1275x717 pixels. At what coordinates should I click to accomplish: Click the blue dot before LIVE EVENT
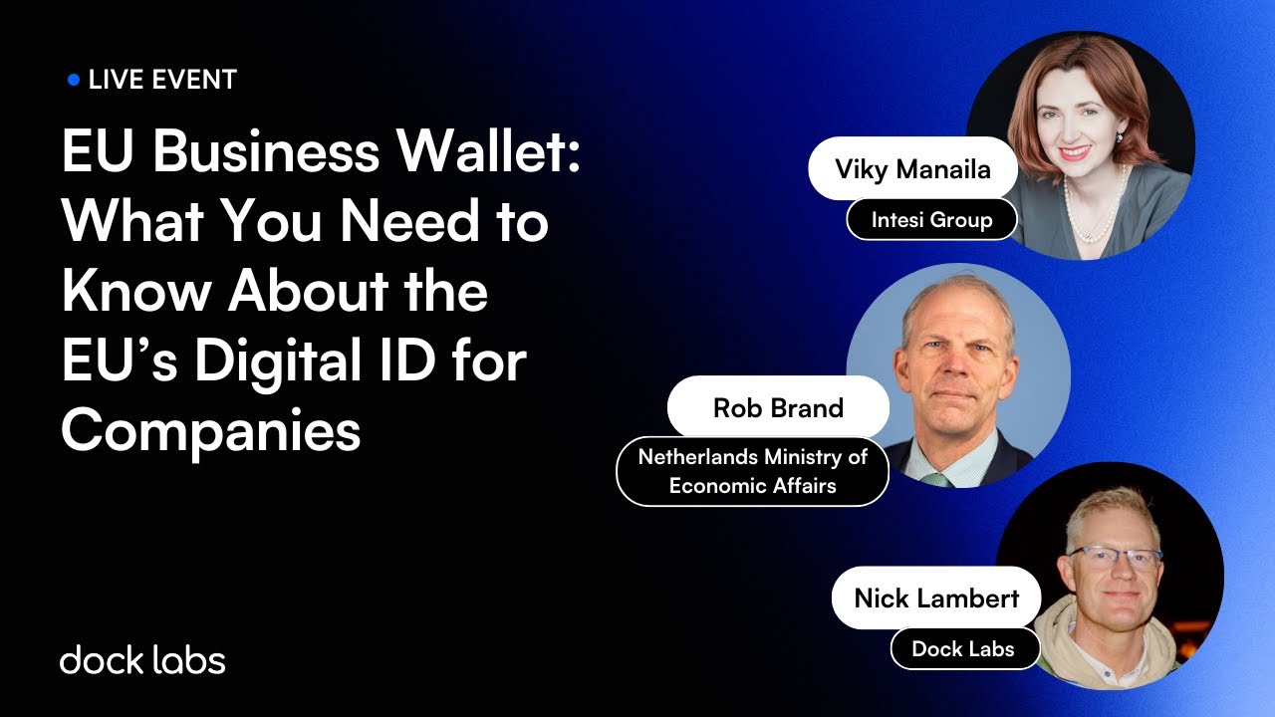73,80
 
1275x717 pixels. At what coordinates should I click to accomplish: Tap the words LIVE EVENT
162,80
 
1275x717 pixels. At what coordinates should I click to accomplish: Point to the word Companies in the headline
210,431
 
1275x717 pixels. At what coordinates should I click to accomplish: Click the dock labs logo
142,659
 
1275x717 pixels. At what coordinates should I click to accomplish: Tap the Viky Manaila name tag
912,168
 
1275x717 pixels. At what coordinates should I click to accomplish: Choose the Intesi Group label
931,219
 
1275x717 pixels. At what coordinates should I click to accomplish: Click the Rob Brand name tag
778,407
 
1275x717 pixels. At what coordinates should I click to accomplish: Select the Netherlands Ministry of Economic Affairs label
752,471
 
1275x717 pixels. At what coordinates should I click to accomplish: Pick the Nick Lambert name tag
936,597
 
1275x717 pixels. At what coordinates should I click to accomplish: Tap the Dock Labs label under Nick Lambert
963,649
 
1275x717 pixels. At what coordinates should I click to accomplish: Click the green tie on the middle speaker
936,479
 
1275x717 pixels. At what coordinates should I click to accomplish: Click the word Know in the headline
136,292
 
